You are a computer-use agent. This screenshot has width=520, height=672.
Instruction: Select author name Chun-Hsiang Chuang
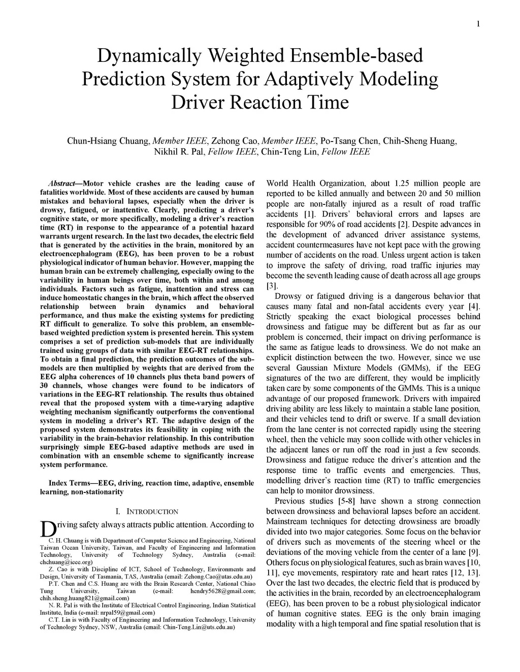(108, 140)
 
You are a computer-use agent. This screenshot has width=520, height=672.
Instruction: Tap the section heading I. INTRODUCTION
(147, 511)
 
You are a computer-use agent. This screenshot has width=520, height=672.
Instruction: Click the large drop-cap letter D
(47, 529)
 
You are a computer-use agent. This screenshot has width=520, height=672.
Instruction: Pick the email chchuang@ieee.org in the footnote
(66, 562)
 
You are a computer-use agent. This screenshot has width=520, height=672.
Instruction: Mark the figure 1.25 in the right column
(401, 184)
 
